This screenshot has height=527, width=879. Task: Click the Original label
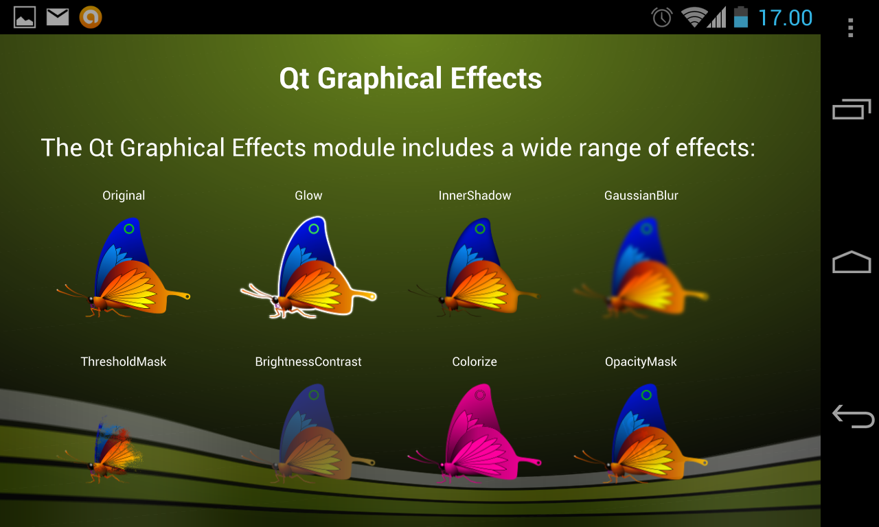[x=124, y=196]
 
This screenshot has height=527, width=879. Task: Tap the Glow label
[x=308, y=196]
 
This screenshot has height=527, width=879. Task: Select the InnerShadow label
[x=475, y=196]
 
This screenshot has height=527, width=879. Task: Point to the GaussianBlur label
[x=641, y=196]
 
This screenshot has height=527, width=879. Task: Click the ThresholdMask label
[x=124, y=362]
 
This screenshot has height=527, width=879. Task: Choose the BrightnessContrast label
[x=308, y=362]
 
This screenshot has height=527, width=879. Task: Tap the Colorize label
[x=475, y=362]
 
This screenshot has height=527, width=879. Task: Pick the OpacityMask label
[x=641, y=362]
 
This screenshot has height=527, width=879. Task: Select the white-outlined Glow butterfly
[x=314, y=270]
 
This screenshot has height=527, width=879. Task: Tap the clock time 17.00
[x=785, y=18]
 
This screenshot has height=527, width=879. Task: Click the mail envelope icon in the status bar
[x=58, y=17]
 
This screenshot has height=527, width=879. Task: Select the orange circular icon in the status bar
[x=91, y=17]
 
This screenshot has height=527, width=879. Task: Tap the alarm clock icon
[x=662, y=18]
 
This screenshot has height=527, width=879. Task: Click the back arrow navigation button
[x=853, y=416]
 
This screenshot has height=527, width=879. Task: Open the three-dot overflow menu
[x=850, y=28]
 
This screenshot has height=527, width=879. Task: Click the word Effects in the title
[x=496, y=78]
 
